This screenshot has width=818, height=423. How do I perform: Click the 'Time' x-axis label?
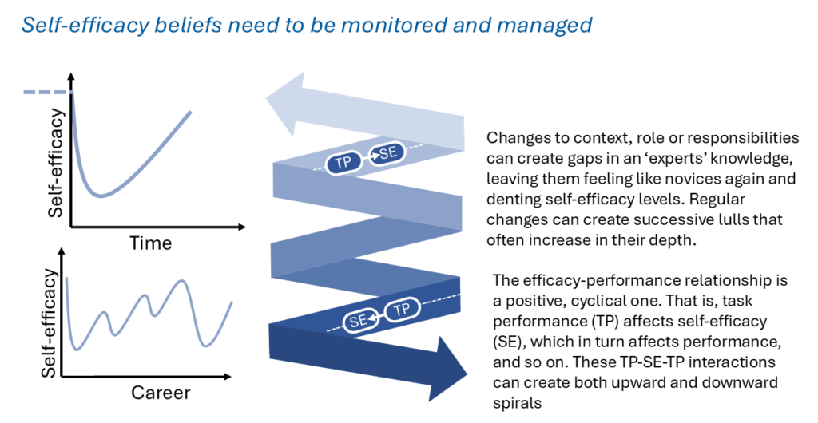[x=150, y=243]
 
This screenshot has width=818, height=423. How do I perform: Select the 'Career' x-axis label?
[x=161, y=392]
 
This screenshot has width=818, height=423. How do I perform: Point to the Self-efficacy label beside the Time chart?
[x=55, y=163]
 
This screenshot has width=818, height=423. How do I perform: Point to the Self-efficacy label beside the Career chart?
[x=49, y=323]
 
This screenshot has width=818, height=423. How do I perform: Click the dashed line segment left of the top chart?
[x=46, y=93]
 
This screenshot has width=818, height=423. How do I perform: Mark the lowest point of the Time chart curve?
[x=101, y=196]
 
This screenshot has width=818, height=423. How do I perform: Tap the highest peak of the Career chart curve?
[x=181, y=281]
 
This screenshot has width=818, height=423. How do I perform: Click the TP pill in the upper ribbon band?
[x=343, y=163]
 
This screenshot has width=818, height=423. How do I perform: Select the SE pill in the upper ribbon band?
[x=387, y=154]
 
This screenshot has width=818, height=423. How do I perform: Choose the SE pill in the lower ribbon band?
[x=359, y=320]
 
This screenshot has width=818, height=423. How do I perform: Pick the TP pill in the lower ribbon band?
[x=402, y=310]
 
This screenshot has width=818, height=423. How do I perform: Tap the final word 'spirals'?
[x=517, y=403]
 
